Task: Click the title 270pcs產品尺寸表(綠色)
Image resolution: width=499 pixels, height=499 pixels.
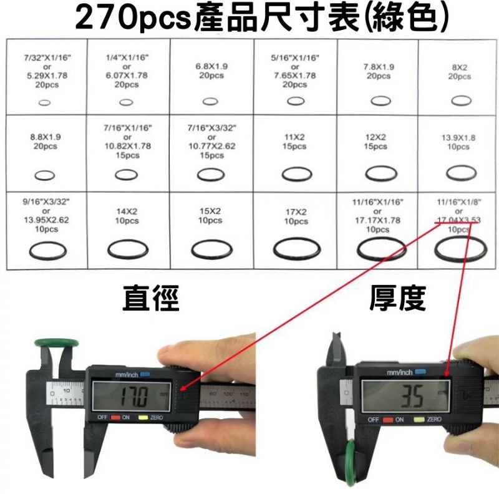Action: point(249,19)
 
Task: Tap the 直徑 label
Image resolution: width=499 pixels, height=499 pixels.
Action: point(151,299)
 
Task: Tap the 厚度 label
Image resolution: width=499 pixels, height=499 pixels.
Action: point(397,299)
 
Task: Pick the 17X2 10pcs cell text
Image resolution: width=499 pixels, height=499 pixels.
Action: point(295,216)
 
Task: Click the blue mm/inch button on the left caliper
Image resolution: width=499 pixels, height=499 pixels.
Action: point(145,374)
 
